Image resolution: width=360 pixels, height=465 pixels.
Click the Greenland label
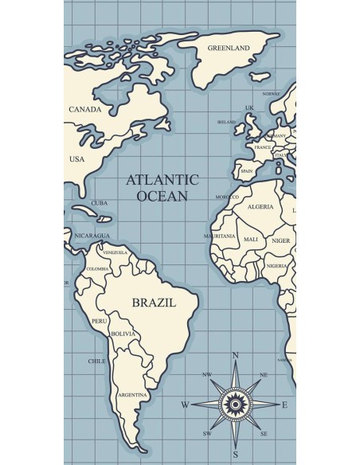(229, 48)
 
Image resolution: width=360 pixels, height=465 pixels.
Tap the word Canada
(85, 109)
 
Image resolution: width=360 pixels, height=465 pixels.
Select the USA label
(76, 158)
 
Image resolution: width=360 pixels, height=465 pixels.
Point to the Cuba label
(100, 202)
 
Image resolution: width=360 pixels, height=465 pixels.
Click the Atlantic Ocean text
(162, 187)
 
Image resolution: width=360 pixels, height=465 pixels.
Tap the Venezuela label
(115, 252)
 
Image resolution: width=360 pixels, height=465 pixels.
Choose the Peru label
(100, 321)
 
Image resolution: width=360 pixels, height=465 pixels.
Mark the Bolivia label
(123, 334)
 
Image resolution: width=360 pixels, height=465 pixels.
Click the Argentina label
(132, 395)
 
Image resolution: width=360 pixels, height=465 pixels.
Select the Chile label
(96, 361)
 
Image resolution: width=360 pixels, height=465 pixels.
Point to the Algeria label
(260, 206)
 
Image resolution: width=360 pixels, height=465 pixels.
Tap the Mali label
(251, 239)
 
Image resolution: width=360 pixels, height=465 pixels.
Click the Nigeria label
(276, 266)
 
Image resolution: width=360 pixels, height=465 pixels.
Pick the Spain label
(247, 170)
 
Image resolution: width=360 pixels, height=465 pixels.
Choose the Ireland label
(227, 123)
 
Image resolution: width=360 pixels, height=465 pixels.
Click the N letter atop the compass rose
(235, 355)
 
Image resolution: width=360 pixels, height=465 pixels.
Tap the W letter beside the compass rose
(185, 404)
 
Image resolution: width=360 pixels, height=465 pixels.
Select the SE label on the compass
(264, 434)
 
